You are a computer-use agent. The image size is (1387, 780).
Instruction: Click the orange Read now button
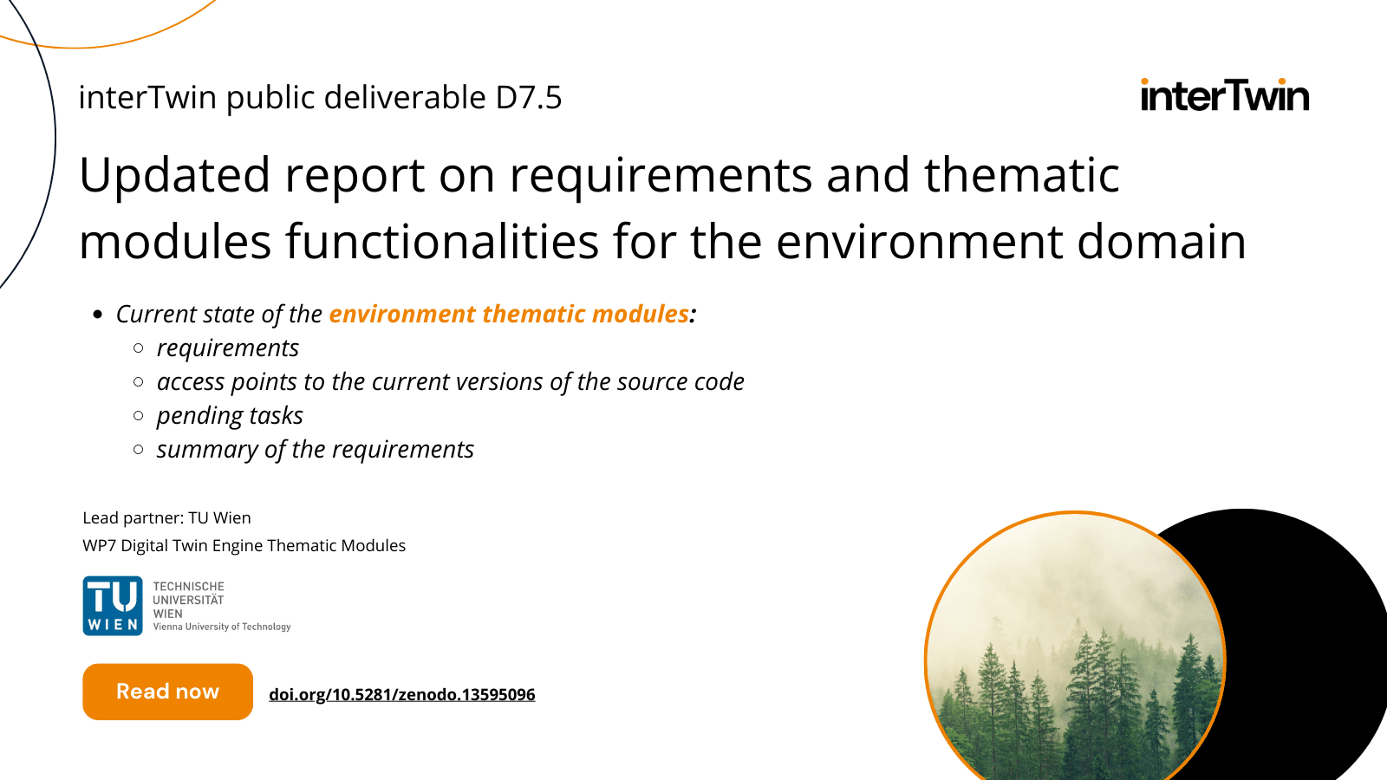(167, 692)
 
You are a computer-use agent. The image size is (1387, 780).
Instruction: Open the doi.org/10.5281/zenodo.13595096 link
(401, 694)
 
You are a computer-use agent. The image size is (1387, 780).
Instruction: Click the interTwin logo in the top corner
(1224, 95)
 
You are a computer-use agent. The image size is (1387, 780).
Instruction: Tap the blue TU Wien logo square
(113, 606)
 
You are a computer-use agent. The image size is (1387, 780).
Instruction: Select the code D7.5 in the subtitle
(528, 97)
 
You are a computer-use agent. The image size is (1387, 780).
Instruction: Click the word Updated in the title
(174, 175)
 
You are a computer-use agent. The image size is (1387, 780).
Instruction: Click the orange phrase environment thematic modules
(509, 314)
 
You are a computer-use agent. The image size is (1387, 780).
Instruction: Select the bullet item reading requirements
(227, 348)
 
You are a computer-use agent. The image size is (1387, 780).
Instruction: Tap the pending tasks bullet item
(230, 415)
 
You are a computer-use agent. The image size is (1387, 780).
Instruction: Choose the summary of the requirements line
(315, 449)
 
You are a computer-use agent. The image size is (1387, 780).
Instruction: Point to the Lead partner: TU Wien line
(166, 517)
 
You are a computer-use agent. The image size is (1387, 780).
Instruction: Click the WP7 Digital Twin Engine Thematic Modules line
(244, 545)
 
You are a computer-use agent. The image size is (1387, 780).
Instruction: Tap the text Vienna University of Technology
(222, 627)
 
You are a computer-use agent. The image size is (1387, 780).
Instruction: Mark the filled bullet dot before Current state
(97, 315)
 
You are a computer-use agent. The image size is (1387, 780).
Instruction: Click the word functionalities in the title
(442, 242)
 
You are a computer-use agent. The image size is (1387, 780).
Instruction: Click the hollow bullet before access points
(139, 381)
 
